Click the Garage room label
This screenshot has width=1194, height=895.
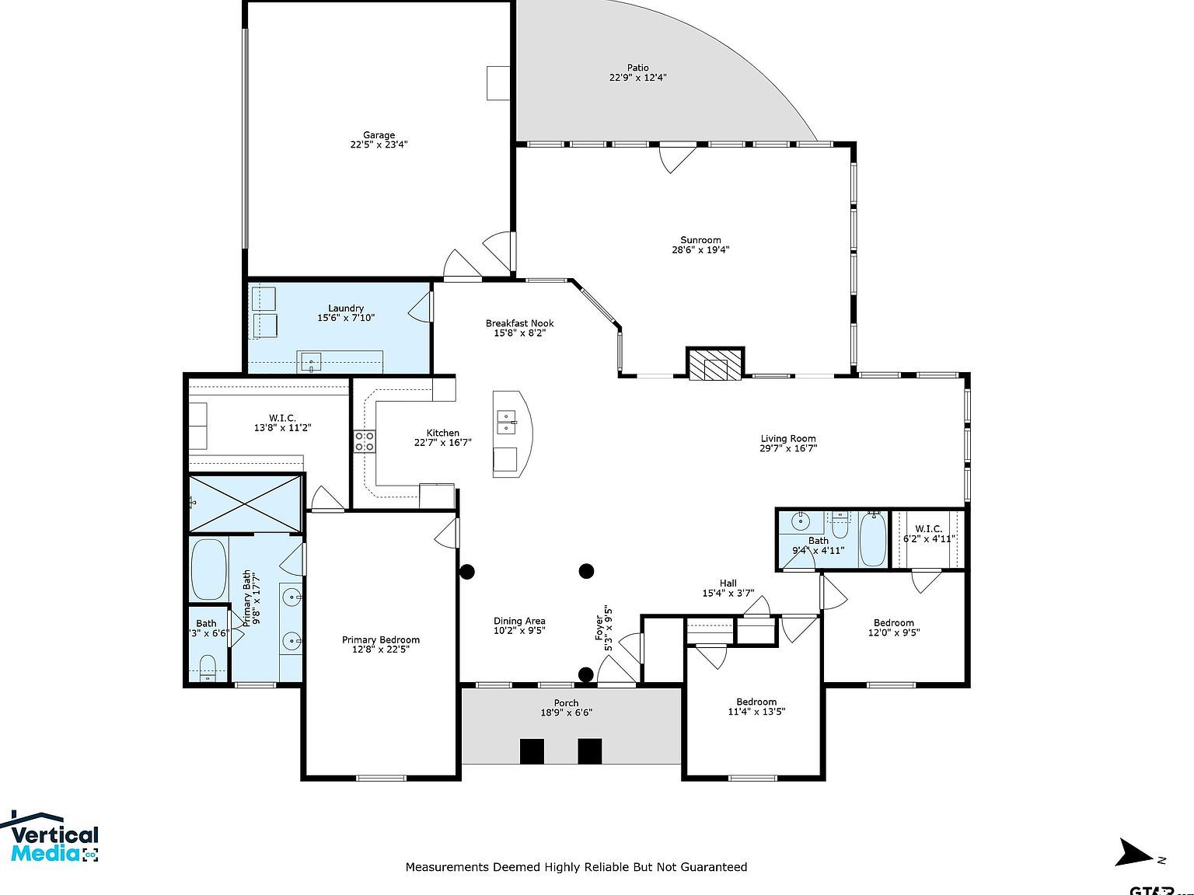click(379, 135)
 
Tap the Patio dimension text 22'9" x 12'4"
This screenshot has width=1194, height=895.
click(637, 78)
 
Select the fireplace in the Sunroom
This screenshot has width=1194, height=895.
click(715, 364)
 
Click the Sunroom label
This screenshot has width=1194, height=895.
click(700, 240)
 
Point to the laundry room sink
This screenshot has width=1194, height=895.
click(311, 362)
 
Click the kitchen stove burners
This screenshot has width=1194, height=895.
click(364, 441)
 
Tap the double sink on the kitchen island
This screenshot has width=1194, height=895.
click(506, 422)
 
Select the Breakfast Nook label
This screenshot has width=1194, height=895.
click(519, 323)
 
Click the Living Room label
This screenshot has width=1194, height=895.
click(788, 438)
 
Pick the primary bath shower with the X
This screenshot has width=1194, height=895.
click(245, 504)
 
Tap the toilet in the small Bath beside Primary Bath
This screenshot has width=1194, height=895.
click(208, 667)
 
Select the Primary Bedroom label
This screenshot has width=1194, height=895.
click(380, 639)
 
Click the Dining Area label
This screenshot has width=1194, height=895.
click(519, 621)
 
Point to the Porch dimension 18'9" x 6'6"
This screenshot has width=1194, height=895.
click(566, 712)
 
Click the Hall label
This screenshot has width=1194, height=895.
click(728, 583)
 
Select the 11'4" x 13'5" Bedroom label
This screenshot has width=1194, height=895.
click(756, 702)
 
